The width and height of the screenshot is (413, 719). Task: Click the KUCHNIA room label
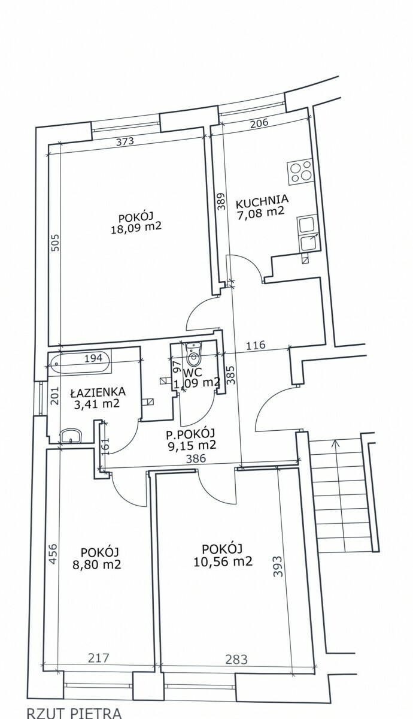pyautogui.click(x=262, y=200)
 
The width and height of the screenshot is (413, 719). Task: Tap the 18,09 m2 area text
pyautogui.click(x=136, y=228)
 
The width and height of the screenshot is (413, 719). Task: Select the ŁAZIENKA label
pyautogui.click(x=98, y=392)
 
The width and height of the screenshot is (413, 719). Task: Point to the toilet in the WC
pyautogui.click(x=193, y=354)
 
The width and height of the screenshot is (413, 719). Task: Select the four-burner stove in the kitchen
pyautogui.click(x=300, y=173)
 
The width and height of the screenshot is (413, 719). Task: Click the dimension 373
pyautogui.click(x=124, y=141)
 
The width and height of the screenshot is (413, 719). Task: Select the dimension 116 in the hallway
pyautogui.click(x=256, y=345)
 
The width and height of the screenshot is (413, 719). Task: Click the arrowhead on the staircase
pyautogui.click(x=335, y=443)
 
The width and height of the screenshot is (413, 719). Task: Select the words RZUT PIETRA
pyautogui.click(x=74, y=713)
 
